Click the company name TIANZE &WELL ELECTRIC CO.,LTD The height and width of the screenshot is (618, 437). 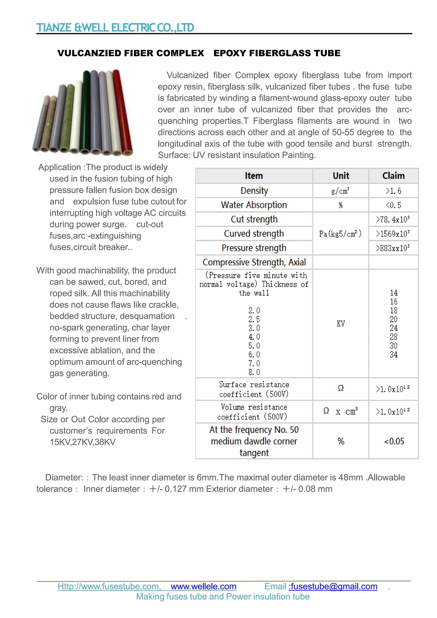[x=115, y=28]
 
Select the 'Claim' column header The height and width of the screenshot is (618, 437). [x=393, y=176]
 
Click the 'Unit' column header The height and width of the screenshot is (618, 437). [x=341, y=176]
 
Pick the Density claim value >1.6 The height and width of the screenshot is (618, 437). [x=393, y=191]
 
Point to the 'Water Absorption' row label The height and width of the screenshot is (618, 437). [x=254, y=205]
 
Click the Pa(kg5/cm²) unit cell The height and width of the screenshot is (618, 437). [x=340, y=234]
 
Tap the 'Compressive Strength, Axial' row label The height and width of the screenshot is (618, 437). [x=254, y=262]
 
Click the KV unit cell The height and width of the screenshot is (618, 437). [x=341, y=324]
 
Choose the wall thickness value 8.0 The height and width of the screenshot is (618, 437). [x=254, y=372]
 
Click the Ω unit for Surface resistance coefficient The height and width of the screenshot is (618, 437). [x=341, y=388]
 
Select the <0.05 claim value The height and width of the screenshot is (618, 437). [x=394, y=441]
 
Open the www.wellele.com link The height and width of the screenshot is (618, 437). [x=203, y=586]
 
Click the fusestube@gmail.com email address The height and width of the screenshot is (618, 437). [x=334, y=586]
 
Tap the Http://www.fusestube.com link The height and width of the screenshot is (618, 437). [x=109, y=586]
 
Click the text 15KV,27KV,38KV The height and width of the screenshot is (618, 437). [x=82, y=442]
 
